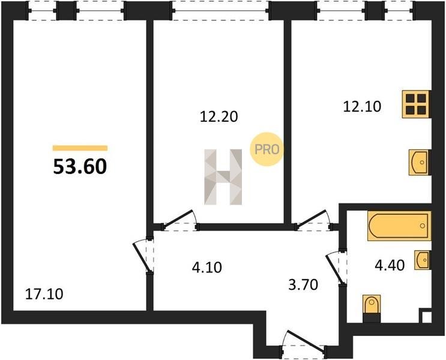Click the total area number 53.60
coord(80,166)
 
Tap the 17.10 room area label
coord(44,294)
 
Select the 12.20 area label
coord(218,116)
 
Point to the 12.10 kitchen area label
coord(362,107)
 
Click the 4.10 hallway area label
coord(206,267)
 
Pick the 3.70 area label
coord(303,284)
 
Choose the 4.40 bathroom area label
coord(390,265)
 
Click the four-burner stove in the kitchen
coord(416,104)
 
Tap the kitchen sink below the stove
coord(418,163)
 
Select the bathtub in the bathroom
coord(399,226)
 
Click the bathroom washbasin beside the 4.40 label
coord(422,260)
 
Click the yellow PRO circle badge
coord(267,149)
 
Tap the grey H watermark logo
coord(223,177)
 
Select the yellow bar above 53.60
coord(80,148)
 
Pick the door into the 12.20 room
coord(180,220)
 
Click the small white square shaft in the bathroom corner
coord(426,317)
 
